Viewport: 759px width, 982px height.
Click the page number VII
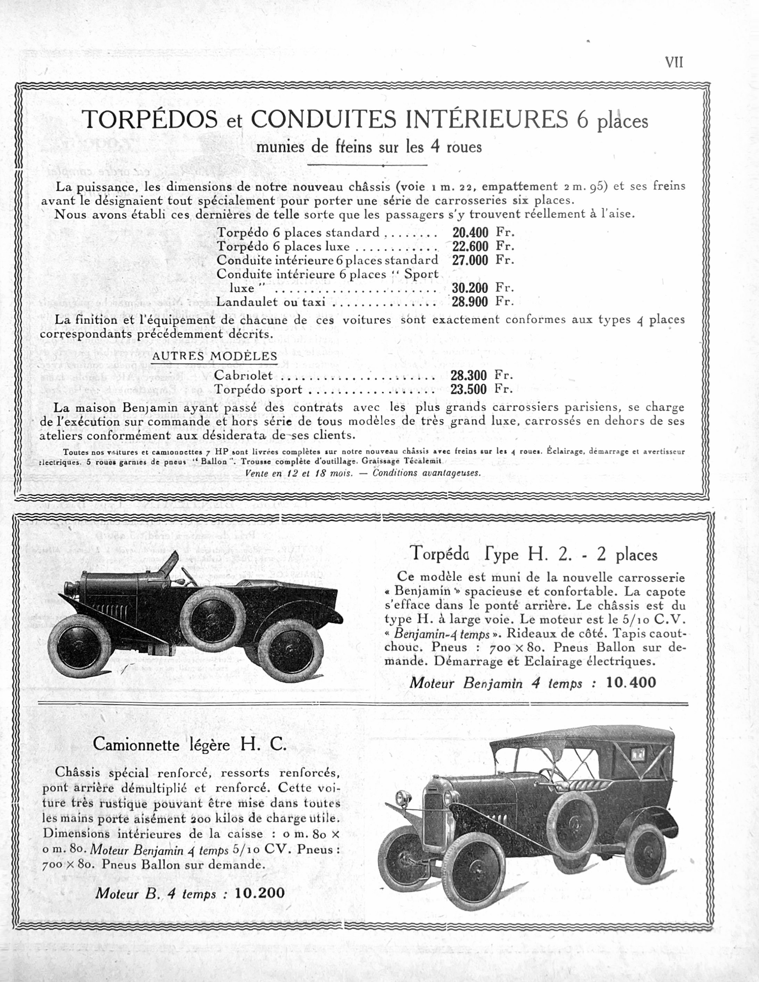674,62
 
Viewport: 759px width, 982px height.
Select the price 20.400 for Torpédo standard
470,233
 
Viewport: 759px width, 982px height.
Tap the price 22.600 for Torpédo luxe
470,246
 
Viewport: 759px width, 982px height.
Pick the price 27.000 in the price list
470,260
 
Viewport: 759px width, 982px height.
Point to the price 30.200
470,288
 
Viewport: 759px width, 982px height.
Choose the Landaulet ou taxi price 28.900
470,302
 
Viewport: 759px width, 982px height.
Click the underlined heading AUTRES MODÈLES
215,356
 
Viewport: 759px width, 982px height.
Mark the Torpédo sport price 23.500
468,389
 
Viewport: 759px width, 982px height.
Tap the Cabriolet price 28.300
468,376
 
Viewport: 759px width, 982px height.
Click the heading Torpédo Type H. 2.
533,554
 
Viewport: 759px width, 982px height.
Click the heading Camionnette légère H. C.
189,745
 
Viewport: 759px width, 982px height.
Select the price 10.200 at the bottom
259,892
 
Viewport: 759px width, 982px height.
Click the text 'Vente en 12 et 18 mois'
299,473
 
